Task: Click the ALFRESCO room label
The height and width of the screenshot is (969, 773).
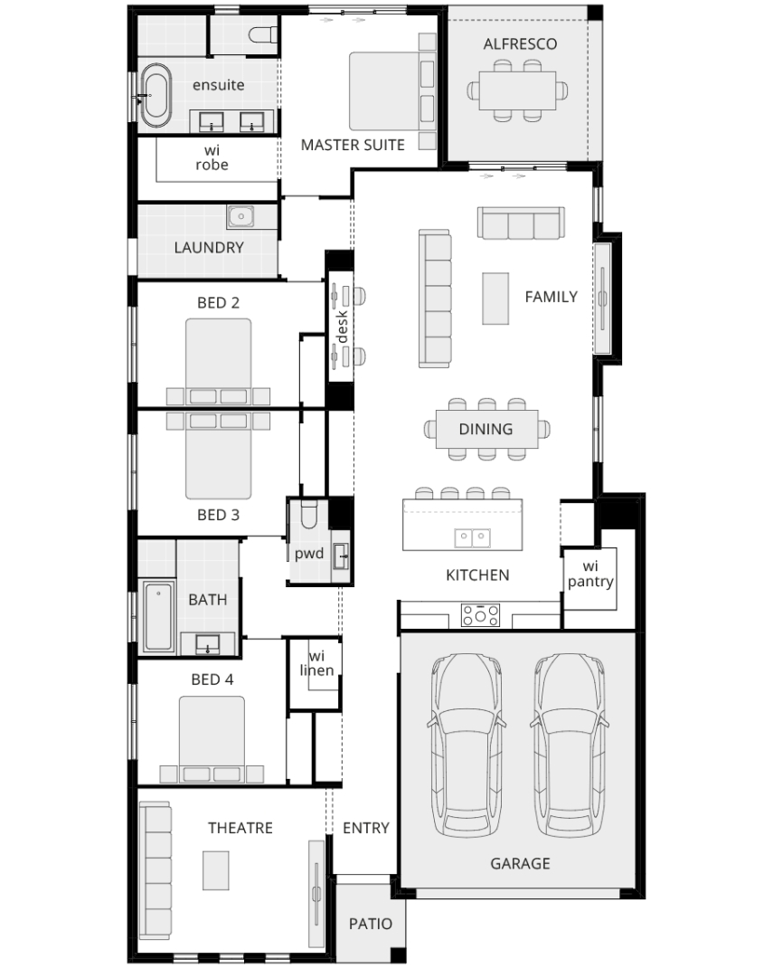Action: (520, 43)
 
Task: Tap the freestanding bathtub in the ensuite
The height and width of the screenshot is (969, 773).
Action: (155, 95)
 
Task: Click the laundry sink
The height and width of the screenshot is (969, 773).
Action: (240, 216)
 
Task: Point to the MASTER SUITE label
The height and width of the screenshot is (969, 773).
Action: (353, 146)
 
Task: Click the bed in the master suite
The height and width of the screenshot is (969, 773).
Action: (391, 91)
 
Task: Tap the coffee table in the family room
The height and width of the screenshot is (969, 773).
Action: (495, 298)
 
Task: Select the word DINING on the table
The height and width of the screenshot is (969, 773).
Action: (485, 429)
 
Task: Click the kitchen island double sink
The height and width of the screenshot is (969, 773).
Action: (473, 537)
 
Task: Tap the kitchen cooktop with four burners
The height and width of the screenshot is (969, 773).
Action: (480, 615)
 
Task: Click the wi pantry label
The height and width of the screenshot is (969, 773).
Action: (590, 575)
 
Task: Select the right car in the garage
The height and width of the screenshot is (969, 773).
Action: (570, 745)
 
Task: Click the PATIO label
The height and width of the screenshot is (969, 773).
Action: (371, 924)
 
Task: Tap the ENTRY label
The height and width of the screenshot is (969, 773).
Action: (366, 828)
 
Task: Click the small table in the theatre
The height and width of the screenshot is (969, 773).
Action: (216, 870)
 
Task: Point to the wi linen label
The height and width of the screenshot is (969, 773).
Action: (316, 663)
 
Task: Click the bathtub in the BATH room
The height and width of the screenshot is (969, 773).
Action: (159, 616)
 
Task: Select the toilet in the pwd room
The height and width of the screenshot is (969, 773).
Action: (308, 514)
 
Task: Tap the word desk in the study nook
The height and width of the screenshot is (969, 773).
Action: (342, 327)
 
